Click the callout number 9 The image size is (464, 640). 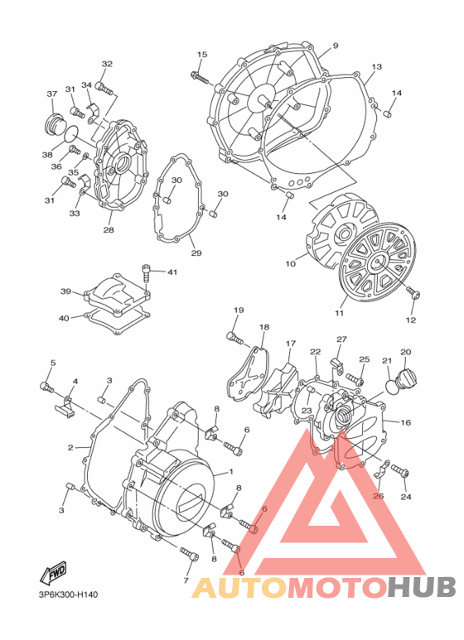[x=336, y=46]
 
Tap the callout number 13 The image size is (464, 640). [x=376, y=67]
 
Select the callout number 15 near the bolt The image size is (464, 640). [x=201, y=55]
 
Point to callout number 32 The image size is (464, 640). [x=107, y=64]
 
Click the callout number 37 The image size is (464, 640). [x=51, y=94]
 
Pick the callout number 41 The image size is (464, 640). [x=172, y=272]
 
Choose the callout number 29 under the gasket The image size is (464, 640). [x=196, y=253]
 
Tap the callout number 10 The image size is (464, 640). [x=291, y=265]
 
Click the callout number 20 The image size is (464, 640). [x=406, y=353]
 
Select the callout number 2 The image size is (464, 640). [x=71, y=448]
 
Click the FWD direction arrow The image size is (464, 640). [x=54, y=573]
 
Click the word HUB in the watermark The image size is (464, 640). [x=420, y=587]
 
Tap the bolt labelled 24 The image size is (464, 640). [x=401, y=471]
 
